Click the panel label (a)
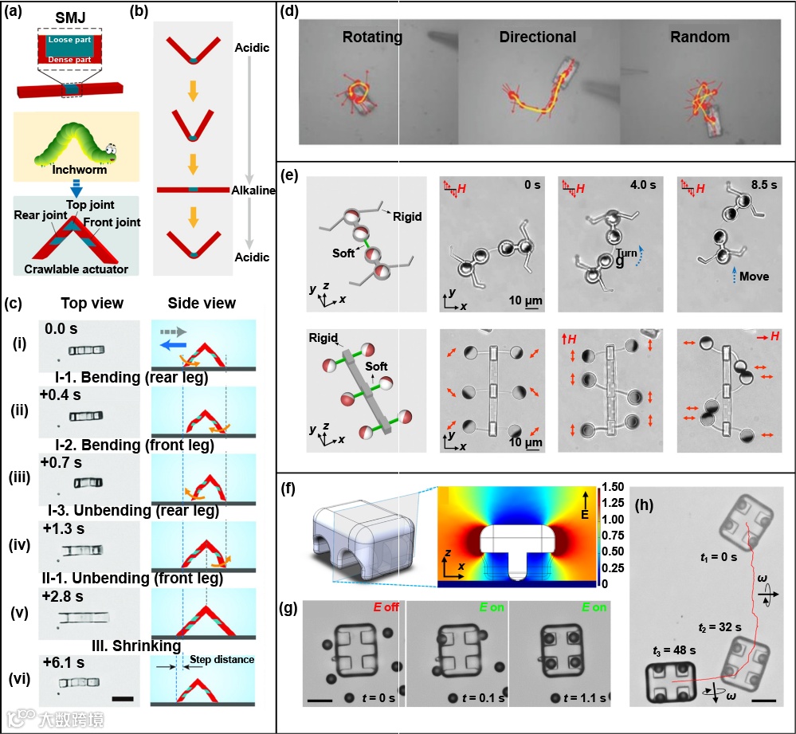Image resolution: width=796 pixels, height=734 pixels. coord(14,11)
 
